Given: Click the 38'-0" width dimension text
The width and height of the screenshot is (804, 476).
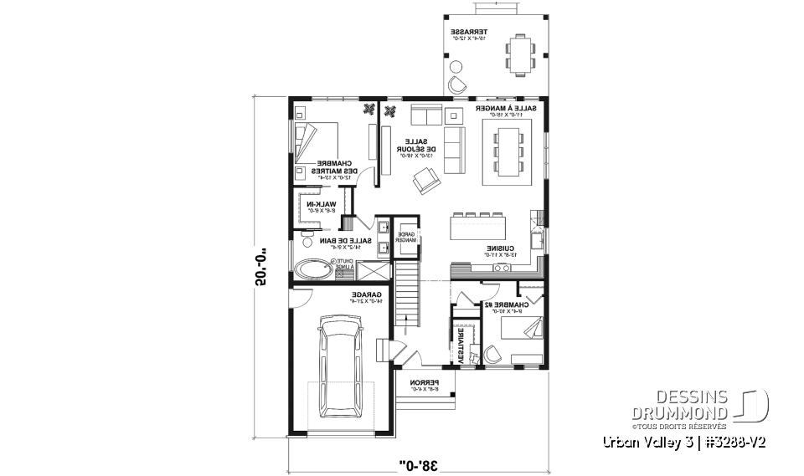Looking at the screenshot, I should coord(416,461).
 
